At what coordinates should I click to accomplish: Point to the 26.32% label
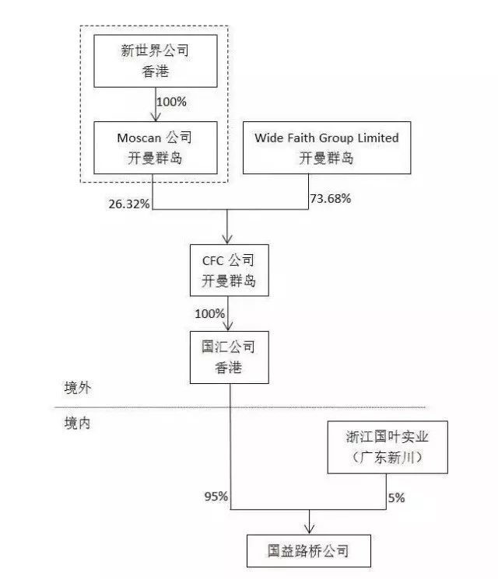[x=129, y=204]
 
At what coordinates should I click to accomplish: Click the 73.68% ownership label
[x=330, y=199]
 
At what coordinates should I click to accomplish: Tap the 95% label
[x=216, y=497]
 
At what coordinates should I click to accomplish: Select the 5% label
[x=396, y=497]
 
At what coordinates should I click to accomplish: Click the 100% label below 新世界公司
[x=171, y=102]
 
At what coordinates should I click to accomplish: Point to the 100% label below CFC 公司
[x=209, y=314]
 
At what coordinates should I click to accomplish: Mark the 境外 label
[x=77, y=388]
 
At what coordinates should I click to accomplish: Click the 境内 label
[x=77, y=423]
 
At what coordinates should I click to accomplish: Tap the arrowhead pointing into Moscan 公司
[x=156, y=117]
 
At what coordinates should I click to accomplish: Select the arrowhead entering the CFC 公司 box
[x=227, y=239]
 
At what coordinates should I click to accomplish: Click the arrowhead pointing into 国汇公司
[x=228, y=326]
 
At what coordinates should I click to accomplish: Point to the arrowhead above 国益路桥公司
[x=309, y=529]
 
